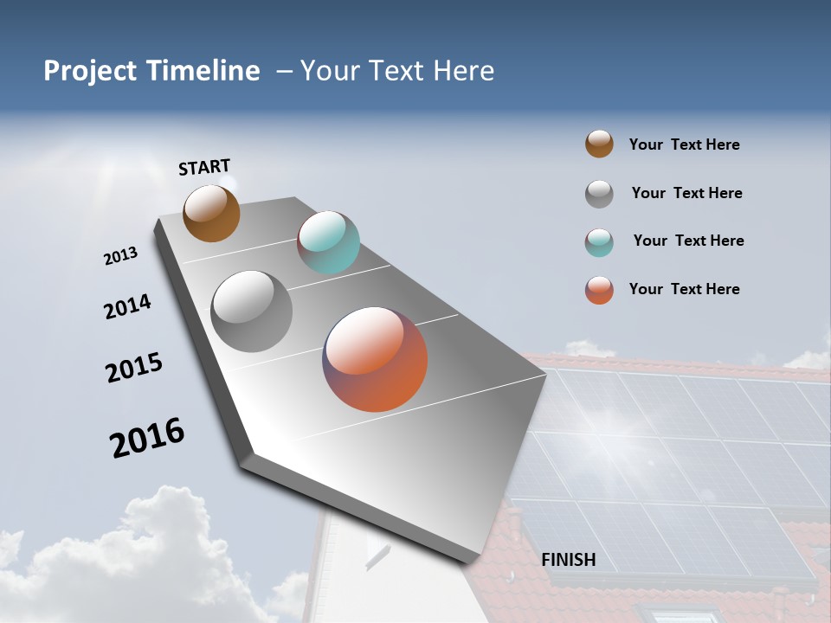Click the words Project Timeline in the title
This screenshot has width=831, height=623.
tap(151, 71)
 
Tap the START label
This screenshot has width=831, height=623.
tap(204, 167)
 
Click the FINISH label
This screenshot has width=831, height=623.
tap(569, 560)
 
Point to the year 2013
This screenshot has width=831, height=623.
tap(120, 256)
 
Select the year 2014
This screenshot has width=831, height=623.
tap(127, 306)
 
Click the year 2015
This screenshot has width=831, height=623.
tap(134, 368)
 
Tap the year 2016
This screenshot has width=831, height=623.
tap(147, 438)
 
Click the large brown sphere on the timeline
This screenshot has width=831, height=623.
tap(211, 213)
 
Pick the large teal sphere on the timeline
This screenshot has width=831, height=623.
tap(328, 242)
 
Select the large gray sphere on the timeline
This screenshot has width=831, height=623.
tap(252, 311)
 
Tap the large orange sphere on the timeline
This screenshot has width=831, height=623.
tap(375, 359)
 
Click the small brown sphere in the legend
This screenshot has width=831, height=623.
tap(599, 144)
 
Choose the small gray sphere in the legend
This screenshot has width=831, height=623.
tap(599, 194)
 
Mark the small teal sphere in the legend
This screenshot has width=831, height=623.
tap(599, 242)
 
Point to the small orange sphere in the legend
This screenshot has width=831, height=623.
tap(599, 290)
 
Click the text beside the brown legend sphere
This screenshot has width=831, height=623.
tap(684, 145)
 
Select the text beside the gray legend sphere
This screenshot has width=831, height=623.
tap(686, 193)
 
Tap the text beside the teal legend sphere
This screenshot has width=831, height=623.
tap(688, 241)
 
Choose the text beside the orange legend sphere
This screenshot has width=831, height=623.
tap(684, 289)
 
